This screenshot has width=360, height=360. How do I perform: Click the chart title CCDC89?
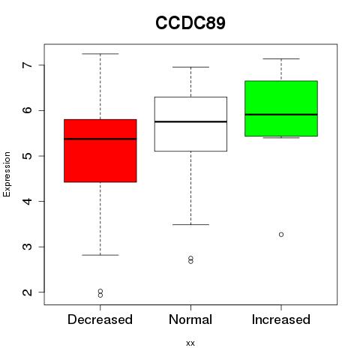point(190,23)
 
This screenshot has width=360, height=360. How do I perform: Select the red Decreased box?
point(100,151)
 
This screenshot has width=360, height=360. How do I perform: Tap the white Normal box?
point(190,124)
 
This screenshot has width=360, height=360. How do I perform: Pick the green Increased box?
point(281,109)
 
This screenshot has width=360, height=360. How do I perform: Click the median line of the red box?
point(100,139)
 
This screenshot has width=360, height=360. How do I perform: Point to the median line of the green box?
point(281,115)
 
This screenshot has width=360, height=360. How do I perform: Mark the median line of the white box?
point(190,121)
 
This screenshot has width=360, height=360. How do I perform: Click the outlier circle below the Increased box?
point(281,235)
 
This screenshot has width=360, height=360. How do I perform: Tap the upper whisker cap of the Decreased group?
point(100,54)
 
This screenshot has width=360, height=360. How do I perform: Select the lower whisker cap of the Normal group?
point(190,224)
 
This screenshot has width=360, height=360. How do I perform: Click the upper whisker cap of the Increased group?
point(281,58)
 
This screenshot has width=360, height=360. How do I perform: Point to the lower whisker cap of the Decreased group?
point(100,255)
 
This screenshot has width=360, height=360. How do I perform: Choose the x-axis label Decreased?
point(100,319)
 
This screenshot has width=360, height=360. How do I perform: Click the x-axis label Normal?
point(190,319)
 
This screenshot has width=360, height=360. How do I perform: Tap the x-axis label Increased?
point(281,319)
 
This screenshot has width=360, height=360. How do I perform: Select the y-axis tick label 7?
point(27,65)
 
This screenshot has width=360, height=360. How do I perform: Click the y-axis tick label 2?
point(27,292)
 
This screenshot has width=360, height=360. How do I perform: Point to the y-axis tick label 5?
point(27,156)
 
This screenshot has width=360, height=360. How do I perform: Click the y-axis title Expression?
point(7,174)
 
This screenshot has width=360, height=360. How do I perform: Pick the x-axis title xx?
point(190,343)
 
